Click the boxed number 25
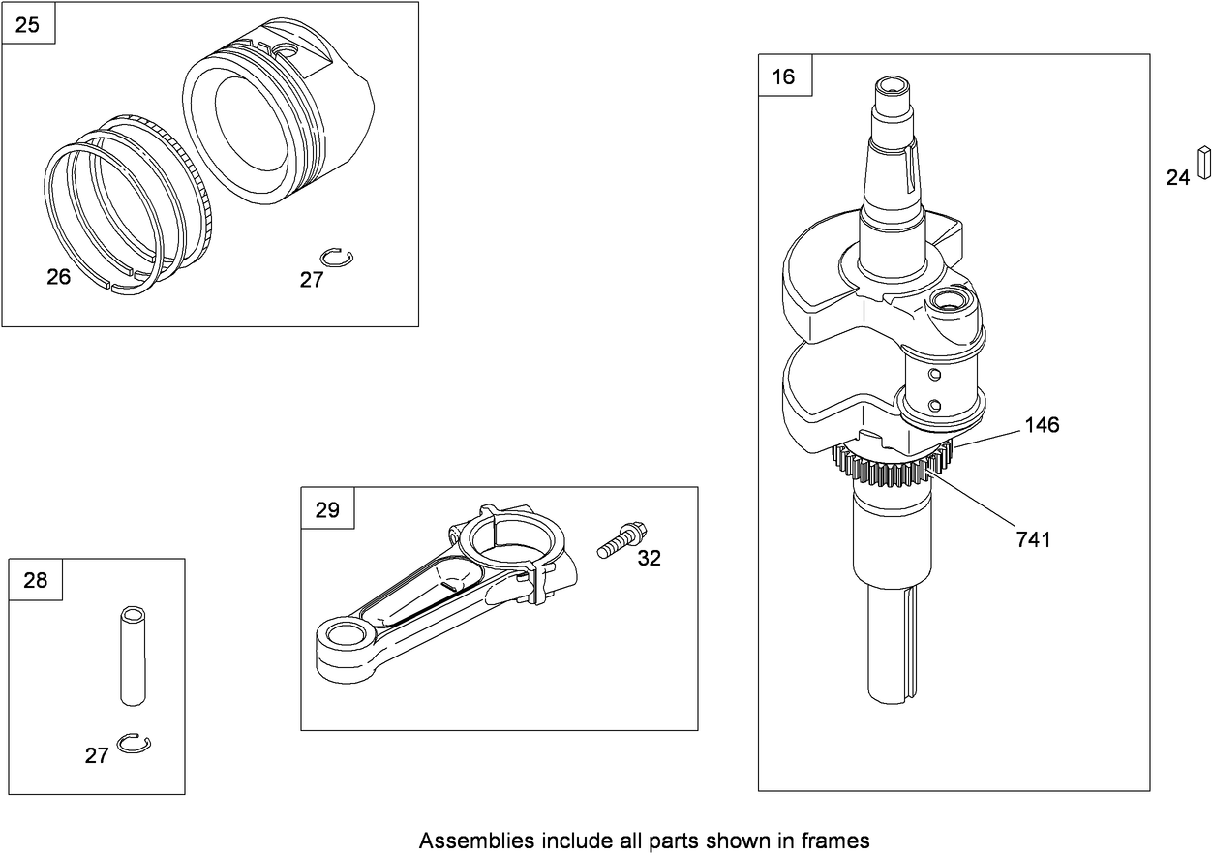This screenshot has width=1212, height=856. coord(28,24)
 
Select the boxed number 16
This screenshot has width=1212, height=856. coord(783,76)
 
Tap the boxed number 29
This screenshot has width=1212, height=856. coord(327,509)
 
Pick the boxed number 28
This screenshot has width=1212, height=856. coord(35,580)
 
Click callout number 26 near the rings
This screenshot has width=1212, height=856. coord(59,277)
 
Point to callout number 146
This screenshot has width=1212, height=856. coord(1041,424)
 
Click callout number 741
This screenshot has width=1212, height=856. coord(1033,539)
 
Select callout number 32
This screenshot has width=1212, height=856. coord(649,558)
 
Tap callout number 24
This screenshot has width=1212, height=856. coord(1177,177)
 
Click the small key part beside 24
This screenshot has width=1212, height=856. coord(1203,163)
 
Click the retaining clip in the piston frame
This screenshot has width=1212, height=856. coord(339,257)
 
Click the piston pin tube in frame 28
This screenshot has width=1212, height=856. coord(133,656)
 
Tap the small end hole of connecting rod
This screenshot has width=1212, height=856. coord(344,636)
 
